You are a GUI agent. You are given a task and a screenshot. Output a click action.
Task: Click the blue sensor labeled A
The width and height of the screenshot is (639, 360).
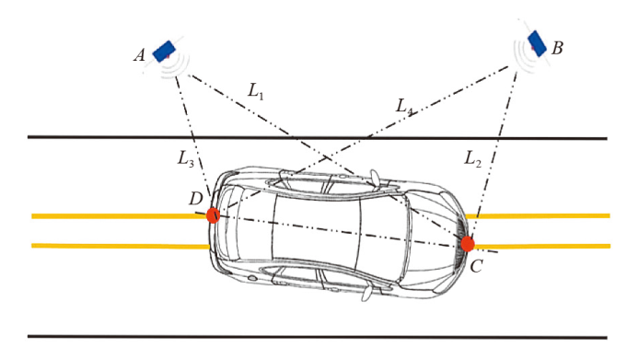coord(164,52)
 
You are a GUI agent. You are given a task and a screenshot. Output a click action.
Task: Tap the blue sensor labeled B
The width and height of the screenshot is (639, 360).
coord(537,43)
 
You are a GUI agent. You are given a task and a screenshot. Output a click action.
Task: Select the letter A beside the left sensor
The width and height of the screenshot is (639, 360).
coord(139,55)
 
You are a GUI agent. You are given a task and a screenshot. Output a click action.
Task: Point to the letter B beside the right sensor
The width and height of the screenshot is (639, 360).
coord(557,48)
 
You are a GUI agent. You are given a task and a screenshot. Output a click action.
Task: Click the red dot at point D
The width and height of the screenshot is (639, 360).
coord(213,215)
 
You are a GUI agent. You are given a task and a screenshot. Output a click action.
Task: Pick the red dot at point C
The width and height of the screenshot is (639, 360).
coord(468,244)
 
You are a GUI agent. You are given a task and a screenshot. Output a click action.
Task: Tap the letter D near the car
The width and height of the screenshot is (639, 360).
coord(196,199)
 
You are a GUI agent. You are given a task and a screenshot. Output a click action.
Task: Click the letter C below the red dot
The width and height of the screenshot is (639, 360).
coord(476,266)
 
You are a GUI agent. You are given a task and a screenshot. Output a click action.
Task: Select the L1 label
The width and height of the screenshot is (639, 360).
coord(256,91)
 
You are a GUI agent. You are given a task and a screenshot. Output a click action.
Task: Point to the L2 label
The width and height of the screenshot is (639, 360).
coord(473,158)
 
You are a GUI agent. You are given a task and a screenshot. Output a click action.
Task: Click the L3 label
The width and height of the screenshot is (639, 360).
coord(185,158)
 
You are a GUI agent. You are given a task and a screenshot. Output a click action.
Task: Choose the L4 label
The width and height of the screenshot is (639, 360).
coord(405,107)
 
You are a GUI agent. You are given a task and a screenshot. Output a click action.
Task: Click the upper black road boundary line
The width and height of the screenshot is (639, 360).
coord(318,138)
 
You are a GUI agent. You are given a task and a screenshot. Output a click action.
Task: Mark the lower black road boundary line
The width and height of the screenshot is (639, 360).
coord(318,337)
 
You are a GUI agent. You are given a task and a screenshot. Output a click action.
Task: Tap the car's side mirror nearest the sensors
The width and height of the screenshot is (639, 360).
coord(375,179)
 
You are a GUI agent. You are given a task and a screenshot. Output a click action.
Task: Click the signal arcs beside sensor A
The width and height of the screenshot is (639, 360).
coord(176,66)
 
